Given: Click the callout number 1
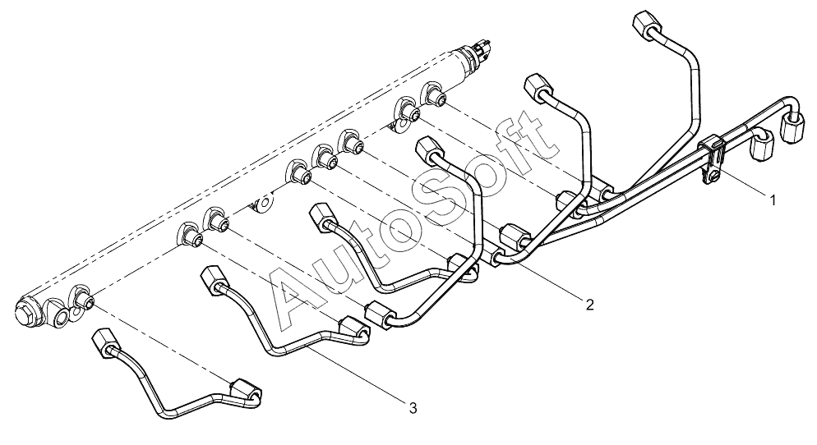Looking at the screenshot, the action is pyautogui.click(x=773, y=200).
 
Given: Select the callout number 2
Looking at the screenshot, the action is pyautogui.click(x=589, y=304).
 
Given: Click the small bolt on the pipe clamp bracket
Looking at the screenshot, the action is pyautogui.click(x=712, y=178).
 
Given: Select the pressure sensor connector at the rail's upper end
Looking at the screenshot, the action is pyautogui.click(x=482, y=48).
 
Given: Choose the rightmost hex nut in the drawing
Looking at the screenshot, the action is pyautogui.click(x=792, y=126).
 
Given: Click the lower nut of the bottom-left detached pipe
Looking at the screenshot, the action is pyautogui.click(x=245, y=389).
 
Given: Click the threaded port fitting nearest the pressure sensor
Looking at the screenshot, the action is pyautogui.click(x=435, y=94).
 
